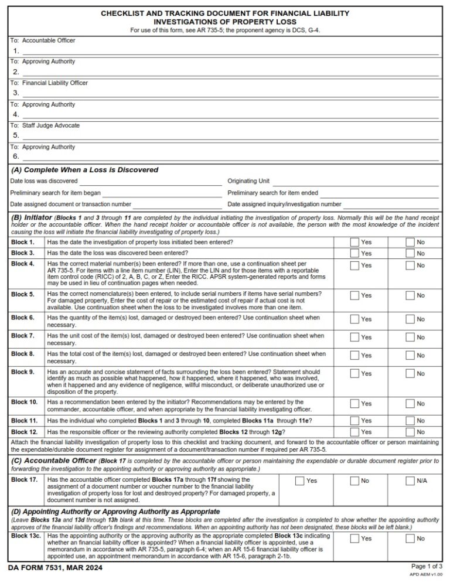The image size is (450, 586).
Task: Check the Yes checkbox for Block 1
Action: pos(354,242)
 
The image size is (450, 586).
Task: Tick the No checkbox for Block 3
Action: pos(410,253)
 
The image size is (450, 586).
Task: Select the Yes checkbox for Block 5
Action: pos(354,295)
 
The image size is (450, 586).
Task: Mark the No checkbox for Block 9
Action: pos(410,373)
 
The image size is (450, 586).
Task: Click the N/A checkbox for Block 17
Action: pos(410,481)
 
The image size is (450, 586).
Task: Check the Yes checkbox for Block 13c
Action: pos(354,538)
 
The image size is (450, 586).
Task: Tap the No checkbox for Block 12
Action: pos(410,431)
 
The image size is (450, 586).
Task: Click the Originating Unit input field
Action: pos(355,182)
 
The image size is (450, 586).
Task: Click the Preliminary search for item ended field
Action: pos(380,193)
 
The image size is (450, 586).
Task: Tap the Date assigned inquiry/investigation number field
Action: pos(391,205)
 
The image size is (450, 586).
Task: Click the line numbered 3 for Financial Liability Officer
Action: pos(230,93)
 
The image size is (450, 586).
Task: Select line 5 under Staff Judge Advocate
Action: pos(230,136)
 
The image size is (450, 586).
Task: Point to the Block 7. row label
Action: pos(23,336)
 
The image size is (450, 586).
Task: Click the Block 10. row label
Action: pos(25,402)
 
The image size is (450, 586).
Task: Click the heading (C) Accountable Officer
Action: pos(53,461)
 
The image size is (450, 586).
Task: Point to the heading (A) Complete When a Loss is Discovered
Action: pos(85,170)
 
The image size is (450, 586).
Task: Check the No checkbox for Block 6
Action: pos(410,319)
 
